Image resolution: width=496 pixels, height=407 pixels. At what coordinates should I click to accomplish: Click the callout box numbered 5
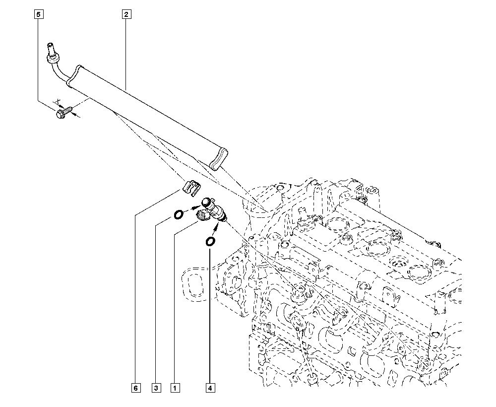[39, 14]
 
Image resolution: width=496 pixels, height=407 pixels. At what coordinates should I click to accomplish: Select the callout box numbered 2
[126, 14]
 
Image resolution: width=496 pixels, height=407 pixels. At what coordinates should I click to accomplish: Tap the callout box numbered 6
[136, 388]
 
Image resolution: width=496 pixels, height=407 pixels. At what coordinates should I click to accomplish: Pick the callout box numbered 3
[156, 388]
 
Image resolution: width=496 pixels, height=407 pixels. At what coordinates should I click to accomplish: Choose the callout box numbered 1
[175, 388]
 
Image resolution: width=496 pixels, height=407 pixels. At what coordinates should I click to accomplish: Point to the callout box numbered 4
[210, 388]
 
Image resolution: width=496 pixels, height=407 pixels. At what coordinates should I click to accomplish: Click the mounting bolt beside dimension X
[63, 112]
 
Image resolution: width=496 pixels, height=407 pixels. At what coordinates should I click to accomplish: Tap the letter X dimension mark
[58, 101]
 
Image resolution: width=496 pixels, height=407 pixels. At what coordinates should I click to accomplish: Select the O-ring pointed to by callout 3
[178, 215]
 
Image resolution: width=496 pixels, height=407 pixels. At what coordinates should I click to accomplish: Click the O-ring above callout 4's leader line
[210, 242]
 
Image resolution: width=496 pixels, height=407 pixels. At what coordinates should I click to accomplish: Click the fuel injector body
[213, 209]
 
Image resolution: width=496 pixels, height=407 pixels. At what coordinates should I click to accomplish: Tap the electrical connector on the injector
[202, 216]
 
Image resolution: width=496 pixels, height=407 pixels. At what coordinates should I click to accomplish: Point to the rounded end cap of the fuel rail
[218, 159]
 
